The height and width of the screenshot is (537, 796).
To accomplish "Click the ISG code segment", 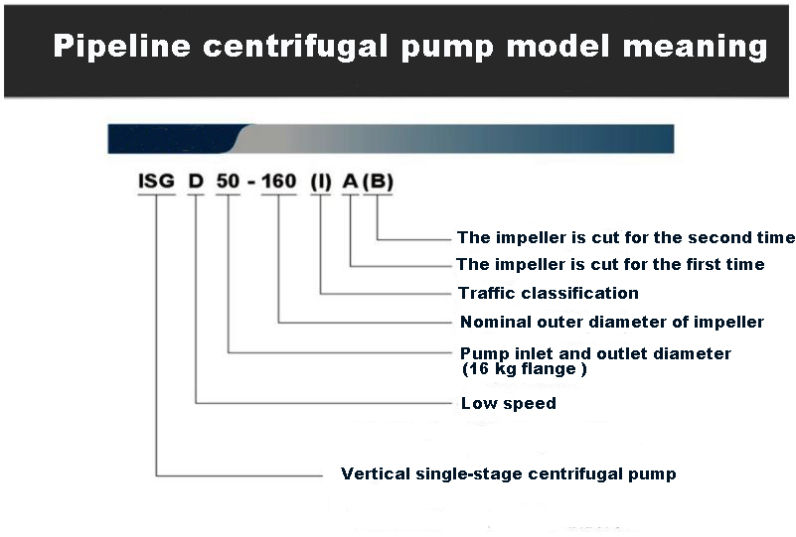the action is coord(156,181).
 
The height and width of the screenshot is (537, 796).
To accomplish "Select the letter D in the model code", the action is coord(196,181).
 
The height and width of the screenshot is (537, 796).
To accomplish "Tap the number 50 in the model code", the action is coord(228,181).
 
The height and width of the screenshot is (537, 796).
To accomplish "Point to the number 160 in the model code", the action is coord(278,181).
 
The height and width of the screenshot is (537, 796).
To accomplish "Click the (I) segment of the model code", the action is coord(321,182).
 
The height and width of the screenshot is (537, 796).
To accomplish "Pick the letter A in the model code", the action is coord(350,181).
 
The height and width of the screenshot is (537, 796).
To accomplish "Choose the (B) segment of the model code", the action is coord(379,182).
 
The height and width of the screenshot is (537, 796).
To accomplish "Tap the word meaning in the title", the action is coord(695,46).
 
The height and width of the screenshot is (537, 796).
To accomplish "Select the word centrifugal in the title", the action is coord(295,46).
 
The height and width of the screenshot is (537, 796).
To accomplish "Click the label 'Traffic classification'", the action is coord(549,293).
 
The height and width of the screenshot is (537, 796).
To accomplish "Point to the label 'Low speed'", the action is coord(509,403).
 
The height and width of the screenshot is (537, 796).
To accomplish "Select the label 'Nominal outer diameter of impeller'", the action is coord(612,322).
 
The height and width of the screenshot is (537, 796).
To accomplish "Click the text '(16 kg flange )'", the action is coord(525,368).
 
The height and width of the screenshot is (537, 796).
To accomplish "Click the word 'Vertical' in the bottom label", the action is coord(376,473).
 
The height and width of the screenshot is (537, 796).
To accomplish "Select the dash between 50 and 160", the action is coord(251,183).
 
